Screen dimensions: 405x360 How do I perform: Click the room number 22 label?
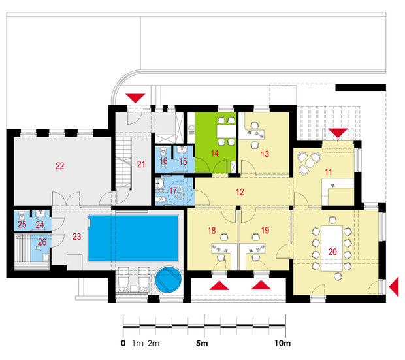[x=59, y=166]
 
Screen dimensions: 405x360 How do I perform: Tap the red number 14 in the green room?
[x=214, y=154]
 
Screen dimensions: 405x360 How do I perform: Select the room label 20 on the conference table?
[x=332, y=252]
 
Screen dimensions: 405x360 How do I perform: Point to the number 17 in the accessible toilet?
[x=173, y=191]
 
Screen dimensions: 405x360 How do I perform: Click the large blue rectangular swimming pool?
[x=133, y=238]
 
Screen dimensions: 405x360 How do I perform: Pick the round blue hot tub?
[x=169, y=280]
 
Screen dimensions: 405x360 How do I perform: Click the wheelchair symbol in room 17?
[x=180, y=193]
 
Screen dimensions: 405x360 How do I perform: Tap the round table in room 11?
[x=310, y=163]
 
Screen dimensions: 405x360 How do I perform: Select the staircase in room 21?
[x=123, y=162]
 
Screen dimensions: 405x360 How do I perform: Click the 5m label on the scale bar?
[x=202, y=343]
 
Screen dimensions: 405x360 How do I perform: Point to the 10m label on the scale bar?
[x=282, y=343]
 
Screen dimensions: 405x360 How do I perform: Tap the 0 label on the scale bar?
[x=123, y=343]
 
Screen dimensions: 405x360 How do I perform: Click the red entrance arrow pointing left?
[x=394, y=287]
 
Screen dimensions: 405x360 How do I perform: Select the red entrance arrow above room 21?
[x=135, y=98]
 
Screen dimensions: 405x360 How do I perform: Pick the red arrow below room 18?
[x=219, y=286]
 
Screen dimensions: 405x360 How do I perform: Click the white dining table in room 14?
[x=227, y=131]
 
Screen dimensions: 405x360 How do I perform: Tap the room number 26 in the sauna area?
[x=42, y=242]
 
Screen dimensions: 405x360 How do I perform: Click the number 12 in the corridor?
[x=240, y=192]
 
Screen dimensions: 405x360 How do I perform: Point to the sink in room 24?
[x=41, y=214]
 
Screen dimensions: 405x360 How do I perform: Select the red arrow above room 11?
[x=338, y=133]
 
